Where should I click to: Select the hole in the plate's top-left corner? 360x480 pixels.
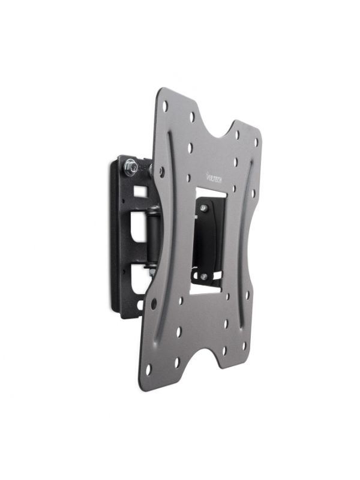165,106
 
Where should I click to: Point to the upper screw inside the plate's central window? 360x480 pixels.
204,208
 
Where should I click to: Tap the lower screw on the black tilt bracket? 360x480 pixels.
204,276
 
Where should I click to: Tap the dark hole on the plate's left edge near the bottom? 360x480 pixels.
153,303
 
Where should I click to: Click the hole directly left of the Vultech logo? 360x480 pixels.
190,178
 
